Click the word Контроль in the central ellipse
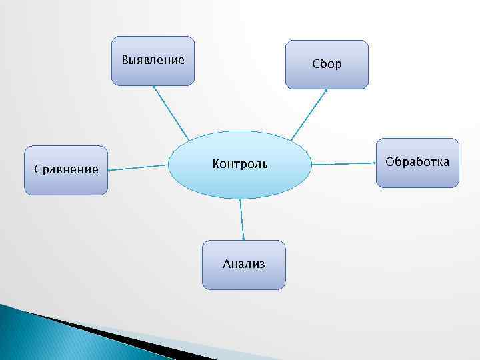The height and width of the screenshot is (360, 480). pyautogui.click(x=240, y=163)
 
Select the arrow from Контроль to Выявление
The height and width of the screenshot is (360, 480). pyautogui.click(x=171, y=113)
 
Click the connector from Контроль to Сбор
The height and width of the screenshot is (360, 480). pyautogui.click(x=309, y=115)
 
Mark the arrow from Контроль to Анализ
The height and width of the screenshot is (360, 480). pyautogui.click(x=241, y=219)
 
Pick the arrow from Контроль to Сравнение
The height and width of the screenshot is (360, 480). pyautogui.click(x=137, y=168)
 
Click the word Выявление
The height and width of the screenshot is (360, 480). pyautogui.click(x=153, y=60)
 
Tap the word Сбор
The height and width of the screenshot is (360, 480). pyautogui.click(x=327, y=65)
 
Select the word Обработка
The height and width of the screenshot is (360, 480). pyautogui.click(x=417, y=162)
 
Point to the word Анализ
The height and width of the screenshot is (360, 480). pyautogui.click(x=243, y=264)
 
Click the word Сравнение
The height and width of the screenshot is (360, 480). pyautogui.click(x=65, y=169)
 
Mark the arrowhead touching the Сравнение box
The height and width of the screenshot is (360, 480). pyautogui.click(x=110, y=170)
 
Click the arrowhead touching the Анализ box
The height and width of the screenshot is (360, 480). pyautogui.click(x=243, y=238)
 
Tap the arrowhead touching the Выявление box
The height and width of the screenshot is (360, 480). pyautogui.click(x=154, y=87)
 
